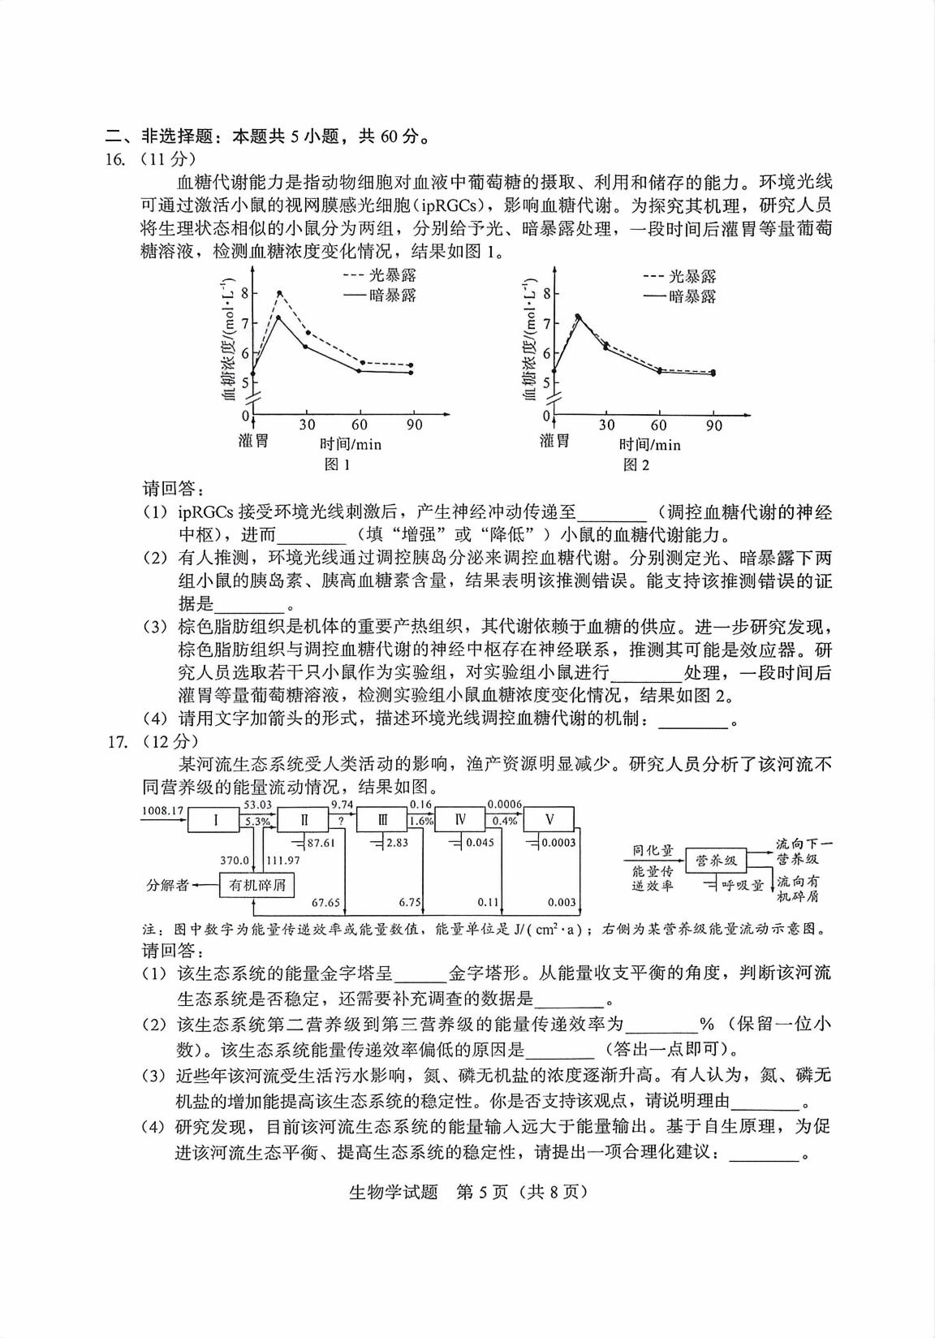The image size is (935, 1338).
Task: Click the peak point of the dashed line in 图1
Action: (x=279, y=292)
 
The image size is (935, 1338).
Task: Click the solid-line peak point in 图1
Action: (x=278, y=317)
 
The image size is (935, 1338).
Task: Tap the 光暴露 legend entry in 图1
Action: (x=381, y=276)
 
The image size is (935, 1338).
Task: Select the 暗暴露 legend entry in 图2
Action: (x=681, y=296)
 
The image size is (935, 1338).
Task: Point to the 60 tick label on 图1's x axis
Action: (x=360, y=425)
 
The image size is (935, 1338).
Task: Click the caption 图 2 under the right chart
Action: (x=636, y=464)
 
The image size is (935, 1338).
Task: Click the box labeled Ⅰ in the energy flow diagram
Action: (x=215, y=820)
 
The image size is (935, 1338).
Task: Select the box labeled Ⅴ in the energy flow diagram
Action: (x=549, y=820)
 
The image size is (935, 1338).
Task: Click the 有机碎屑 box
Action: (x=257, y=884)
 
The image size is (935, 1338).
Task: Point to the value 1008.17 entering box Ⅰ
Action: (x=162, y=810)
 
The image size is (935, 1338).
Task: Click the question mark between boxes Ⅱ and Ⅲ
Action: (x=341, y=821)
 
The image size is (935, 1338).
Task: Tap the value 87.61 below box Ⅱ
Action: (x=321, y=843)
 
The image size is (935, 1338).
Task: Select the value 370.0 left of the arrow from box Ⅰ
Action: (x=234, y=860)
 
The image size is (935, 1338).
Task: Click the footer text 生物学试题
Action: (x=393, y=1192)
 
